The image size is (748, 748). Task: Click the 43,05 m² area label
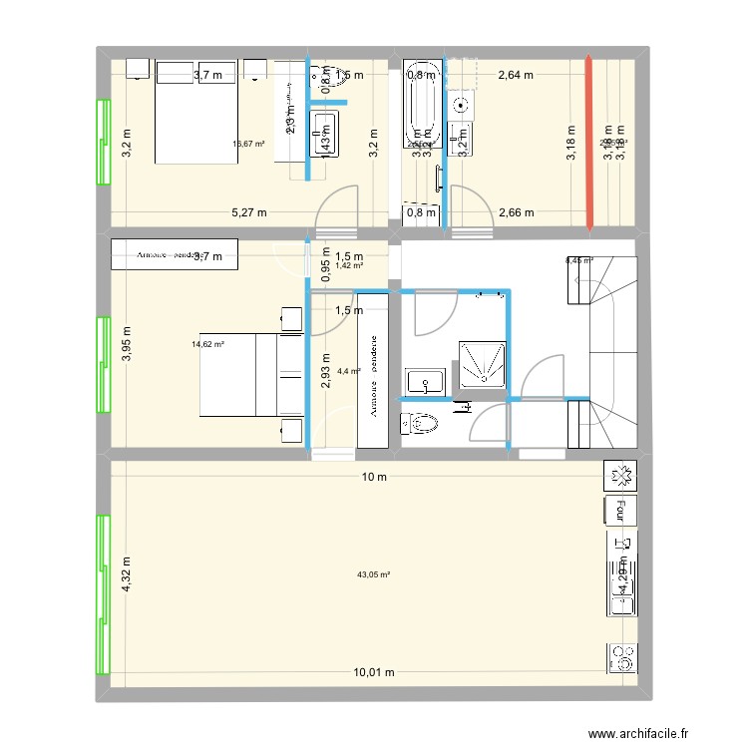(373, 574)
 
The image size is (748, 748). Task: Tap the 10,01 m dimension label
(373, 673)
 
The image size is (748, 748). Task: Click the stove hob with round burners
(620, 657)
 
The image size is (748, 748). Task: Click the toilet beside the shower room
(418, 424)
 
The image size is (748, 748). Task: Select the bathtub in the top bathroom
(420, 105)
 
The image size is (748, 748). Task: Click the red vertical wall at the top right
(589, 144)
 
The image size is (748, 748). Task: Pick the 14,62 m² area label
(207, 345)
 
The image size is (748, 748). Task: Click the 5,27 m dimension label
(250, 211)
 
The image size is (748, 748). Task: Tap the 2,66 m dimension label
(515, 211)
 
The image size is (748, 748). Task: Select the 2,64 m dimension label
(515, 74)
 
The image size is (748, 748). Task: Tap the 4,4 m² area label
(348, 371)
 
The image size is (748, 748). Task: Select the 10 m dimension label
(373, 477)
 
